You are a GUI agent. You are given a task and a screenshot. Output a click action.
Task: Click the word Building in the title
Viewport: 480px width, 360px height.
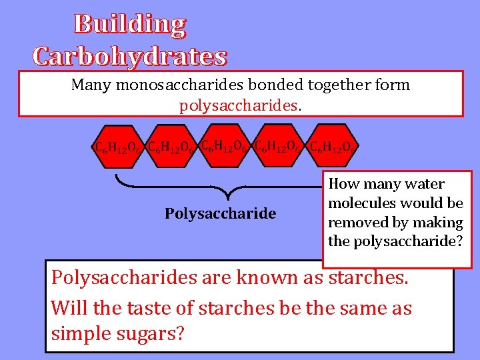(x=130, y=24)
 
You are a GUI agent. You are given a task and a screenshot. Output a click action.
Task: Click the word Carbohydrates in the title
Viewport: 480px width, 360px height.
(x=130, y=56)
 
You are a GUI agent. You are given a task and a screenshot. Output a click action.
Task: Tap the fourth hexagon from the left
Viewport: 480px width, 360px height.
(x=279, y=146)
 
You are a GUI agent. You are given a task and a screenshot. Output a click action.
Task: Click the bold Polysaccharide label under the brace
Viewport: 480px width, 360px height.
(x=220, y=213)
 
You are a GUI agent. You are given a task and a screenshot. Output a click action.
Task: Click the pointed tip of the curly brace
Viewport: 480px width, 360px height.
(x=229, y=198)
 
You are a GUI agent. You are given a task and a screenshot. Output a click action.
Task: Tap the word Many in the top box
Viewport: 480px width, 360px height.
(x=91, y=85)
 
